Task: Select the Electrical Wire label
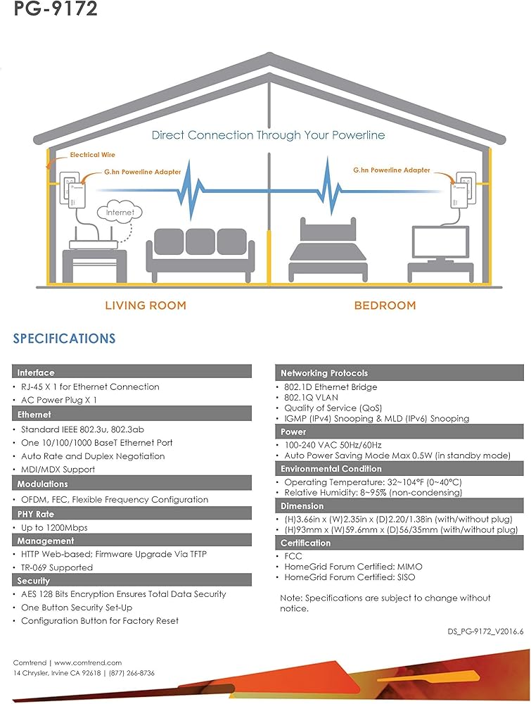pos(92,155)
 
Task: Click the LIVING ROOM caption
pos(146,306)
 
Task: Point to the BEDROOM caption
pos(385,306)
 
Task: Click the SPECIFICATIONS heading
pos(64,339)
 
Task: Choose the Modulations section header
pos(43,484)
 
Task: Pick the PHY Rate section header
pos(36,514)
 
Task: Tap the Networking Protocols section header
pos(324,373)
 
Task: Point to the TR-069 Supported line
pos(57,567)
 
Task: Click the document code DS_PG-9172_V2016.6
pos(486,632)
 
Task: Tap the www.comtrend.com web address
pos(88,662)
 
